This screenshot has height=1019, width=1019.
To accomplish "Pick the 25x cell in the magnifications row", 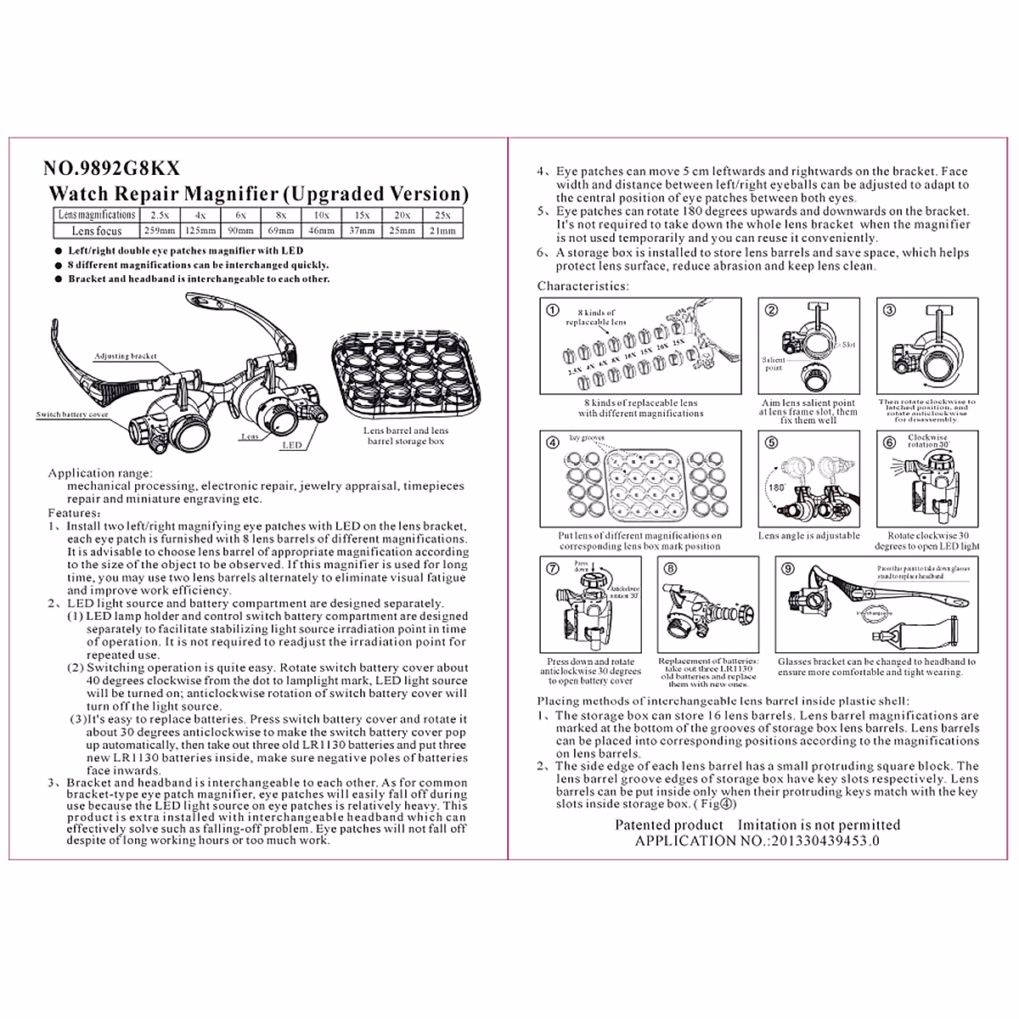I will (x=442, y=216).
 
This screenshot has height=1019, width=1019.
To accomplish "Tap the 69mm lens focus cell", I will (x=281, y=231).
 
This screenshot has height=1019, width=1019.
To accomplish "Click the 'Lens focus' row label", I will (x=96, y=231).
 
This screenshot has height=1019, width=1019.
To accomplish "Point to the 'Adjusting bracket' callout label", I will (x=126, y=357).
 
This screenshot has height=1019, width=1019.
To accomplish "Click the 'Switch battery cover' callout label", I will (x=72, y=415).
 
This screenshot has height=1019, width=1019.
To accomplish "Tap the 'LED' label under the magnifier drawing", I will (x=291, y=444).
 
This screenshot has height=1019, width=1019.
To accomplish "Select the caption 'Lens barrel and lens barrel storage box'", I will (x=405, y=436).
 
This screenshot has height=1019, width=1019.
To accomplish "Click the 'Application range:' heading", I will (x=100, y=473).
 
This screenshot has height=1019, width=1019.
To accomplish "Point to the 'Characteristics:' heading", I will (x=583, y=286).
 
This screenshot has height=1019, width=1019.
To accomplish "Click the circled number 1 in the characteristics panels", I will (x=553, y=310).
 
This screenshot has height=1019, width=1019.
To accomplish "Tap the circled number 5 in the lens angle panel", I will (x=771, y=442).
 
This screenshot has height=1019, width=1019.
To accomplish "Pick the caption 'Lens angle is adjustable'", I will (x=808, y=536).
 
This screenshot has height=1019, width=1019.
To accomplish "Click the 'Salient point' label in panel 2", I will (x=773, y=363).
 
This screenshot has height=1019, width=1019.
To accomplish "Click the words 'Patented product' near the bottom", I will (x=669, y=825).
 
